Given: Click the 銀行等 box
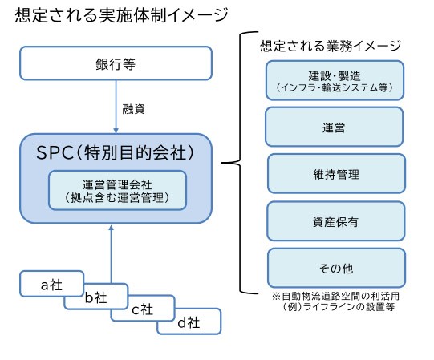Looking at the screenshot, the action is click(x=116, y=63).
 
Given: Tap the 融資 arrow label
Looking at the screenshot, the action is click(x=133, y=109).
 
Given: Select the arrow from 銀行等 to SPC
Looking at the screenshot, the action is click(x=116, y=107).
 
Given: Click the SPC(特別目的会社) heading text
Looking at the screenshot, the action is click(x=116, y=153).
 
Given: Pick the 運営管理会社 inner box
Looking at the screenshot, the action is click(x=117, y=190).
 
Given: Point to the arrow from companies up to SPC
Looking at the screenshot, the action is click(x=111, y=254).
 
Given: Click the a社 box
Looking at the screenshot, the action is click(x=51, y=284).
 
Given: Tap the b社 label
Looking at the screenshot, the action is click(x=95, y=297).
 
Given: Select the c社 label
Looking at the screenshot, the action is click(x=142, y=309).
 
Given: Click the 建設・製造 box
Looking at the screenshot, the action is click(x=335, y=80).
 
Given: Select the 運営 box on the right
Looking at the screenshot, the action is click(x=334, y=127).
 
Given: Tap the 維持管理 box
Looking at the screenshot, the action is click(x=336, y=173).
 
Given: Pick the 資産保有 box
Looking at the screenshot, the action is click(x=336, y=221).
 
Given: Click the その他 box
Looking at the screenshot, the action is click(x=336, y=268).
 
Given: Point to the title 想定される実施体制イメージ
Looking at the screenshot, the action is click(x=121, y=15).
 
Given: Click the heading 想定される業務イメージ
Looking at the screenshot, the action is click(x=331, y=46).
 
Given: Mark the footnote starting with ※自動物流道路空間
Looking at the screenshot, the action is click(x=335, y=301).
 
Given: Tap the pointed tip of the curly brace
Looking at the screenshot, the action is click(x=221, y=163).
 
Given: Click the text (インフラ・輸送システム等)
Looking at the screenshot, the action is click(x=334, y=87).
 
